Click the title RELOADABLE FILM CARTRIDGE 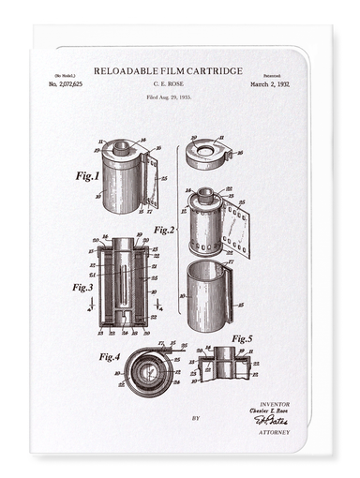tap(168, 70)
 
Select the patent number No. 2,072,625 tap(65, 84)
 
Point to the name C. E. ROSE tap(168, 84)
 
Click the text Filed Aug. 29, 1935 tap(168, 97)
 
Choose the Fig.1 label tap(87, 174)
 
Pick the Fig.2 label tap(165, 229)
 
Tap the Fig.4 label tap(111, 356)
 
